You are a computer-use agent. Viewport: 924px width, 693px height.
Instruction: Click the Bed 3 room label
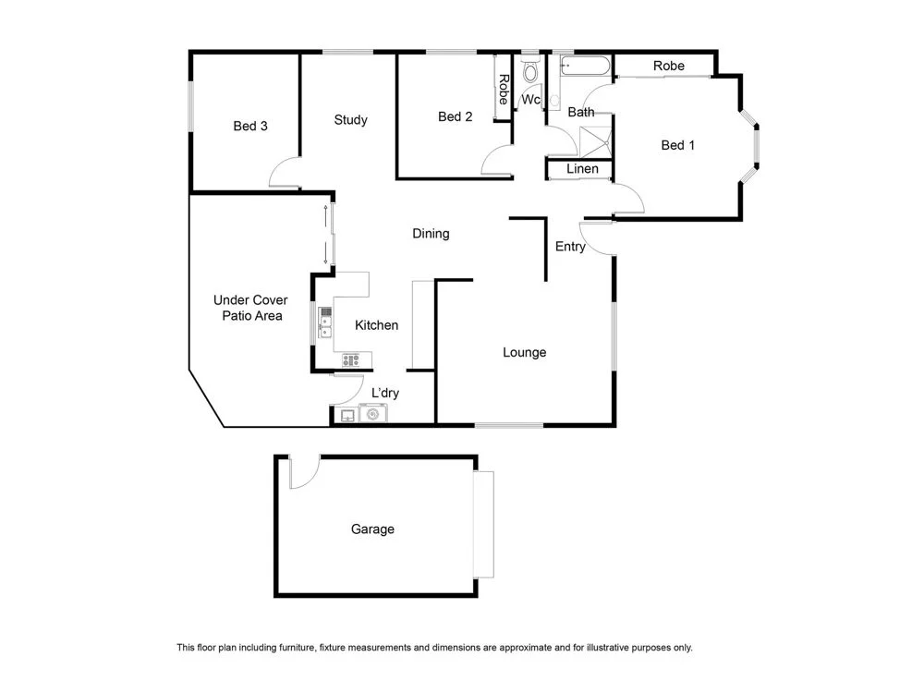pos(250,126)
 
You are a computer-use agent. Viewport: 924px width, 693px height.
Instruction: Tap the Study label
pos(351,119)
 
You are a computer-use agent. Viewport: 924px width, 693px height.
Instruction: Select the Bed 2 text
pos(456,116)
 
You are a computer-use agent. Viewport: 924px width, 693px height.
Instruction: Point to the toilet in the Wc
pos(530,71)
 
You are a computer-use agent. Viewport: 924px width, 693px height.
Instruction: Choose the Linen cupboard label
pos(582,169)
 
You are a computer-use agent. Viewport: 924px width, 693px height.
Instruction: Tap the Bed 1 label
pos(678,145)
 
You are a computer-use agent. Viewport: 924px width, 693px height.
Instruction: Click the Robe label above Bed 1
pos(669,67)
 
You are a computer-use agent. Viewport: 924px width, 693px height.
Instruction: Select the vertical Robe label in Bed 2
pos(504,89)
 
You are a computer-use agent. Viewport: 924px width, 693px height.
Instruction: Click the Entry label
pos(570,247)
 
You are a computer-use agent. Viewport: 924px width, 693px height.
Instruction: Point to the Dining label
pos(431,234)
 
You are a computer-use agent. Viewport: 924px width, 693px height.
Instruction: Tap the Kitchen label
pos(377,325)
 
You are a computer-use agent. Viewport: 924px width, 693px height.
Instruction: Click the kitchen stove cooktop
pos(352,359)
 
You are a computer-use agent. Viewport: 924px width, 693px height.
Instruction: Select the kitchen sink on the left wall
pos(324,323)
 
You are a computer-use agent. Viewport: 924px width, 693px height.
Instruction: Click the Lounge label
pos(524,352)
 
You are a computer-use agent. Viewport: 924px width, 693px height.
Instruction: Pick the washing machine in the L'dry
pos(373,416)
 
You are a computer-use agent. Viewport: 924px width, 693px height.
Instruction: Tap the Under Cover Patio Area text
pos(250,308)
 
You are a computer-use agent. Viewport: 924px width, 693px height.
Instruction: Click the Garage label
pos(372,529)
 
